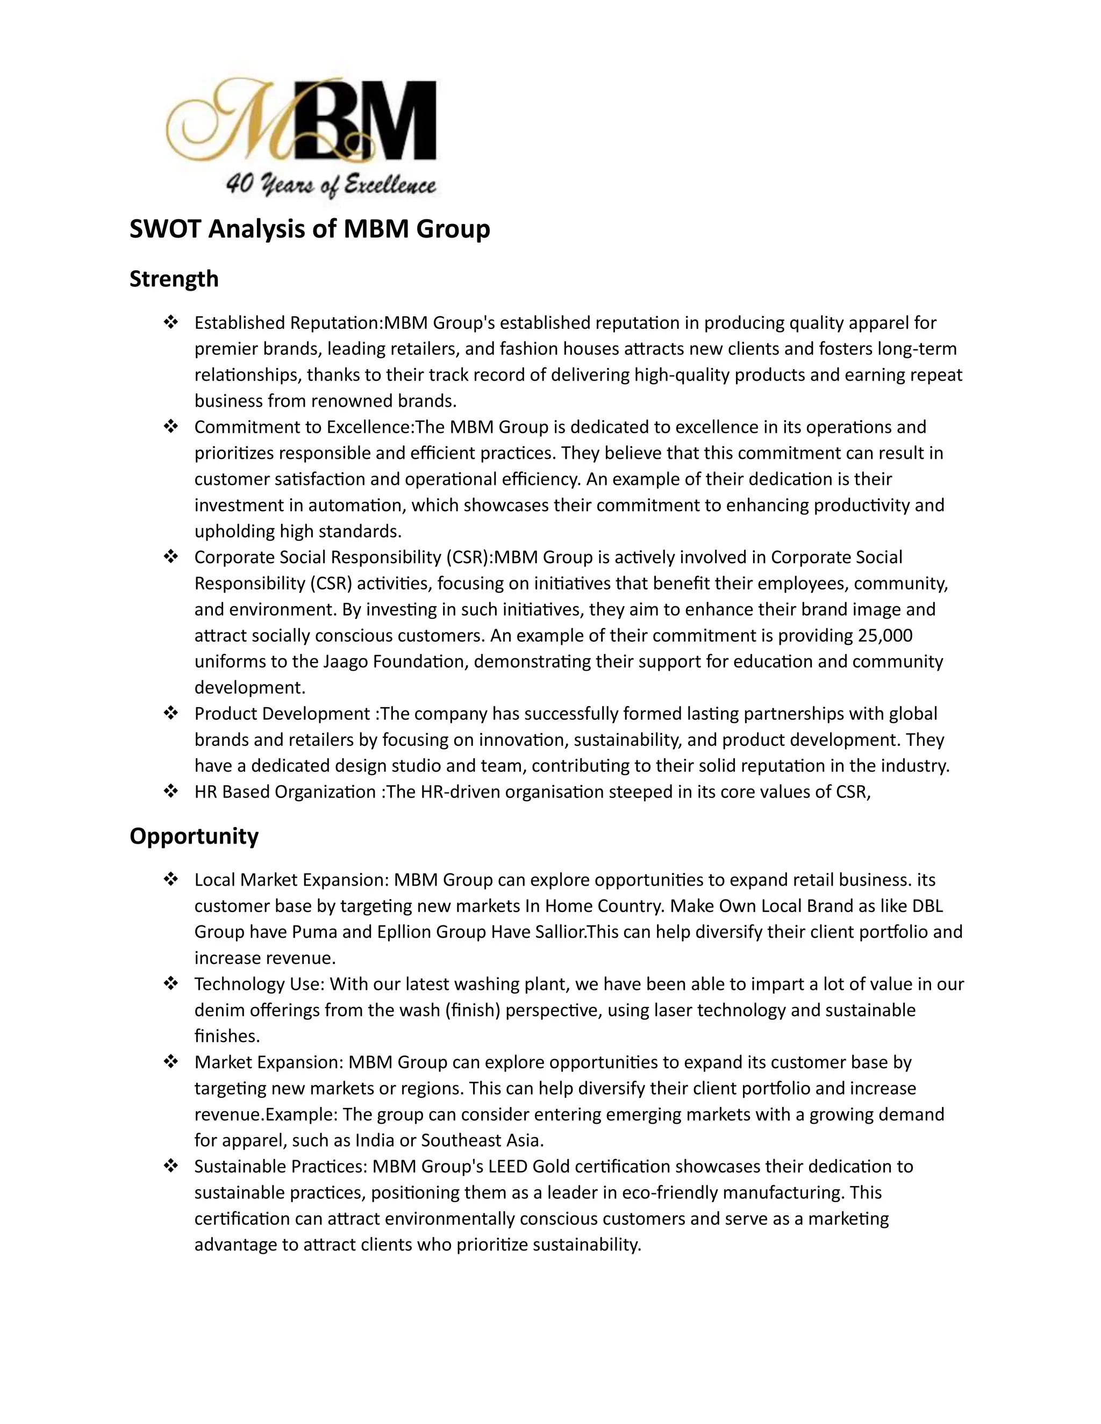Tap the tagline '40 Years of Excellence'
point(331,186)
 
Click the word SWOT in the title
point(166,229)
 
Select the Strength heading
point(174,279)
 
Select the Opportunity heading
point(194,836)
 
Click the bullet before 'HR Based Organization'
point(170,792)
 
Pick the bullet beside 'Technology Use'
point(170,984)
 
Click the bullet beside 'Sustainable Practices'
point(170,1167)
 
